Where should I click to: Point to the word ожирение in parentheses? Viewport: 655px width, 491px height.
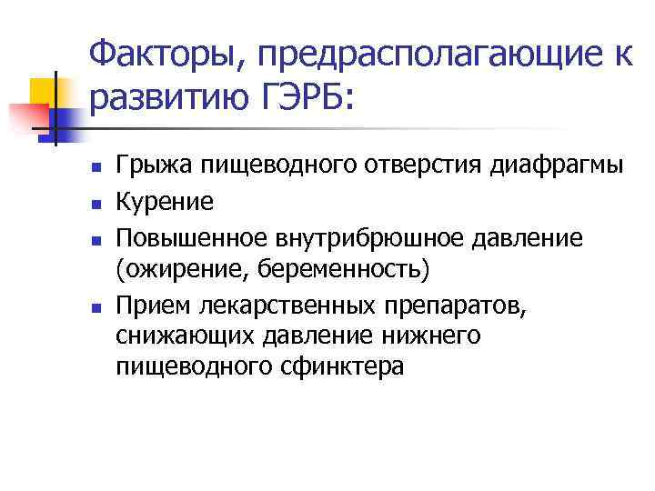(181, 269)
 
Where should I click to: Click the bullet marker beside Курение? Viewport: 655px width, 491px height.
(94, 202)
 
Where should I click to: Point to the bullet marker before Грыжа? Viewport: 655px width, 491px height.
(94, 168)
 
